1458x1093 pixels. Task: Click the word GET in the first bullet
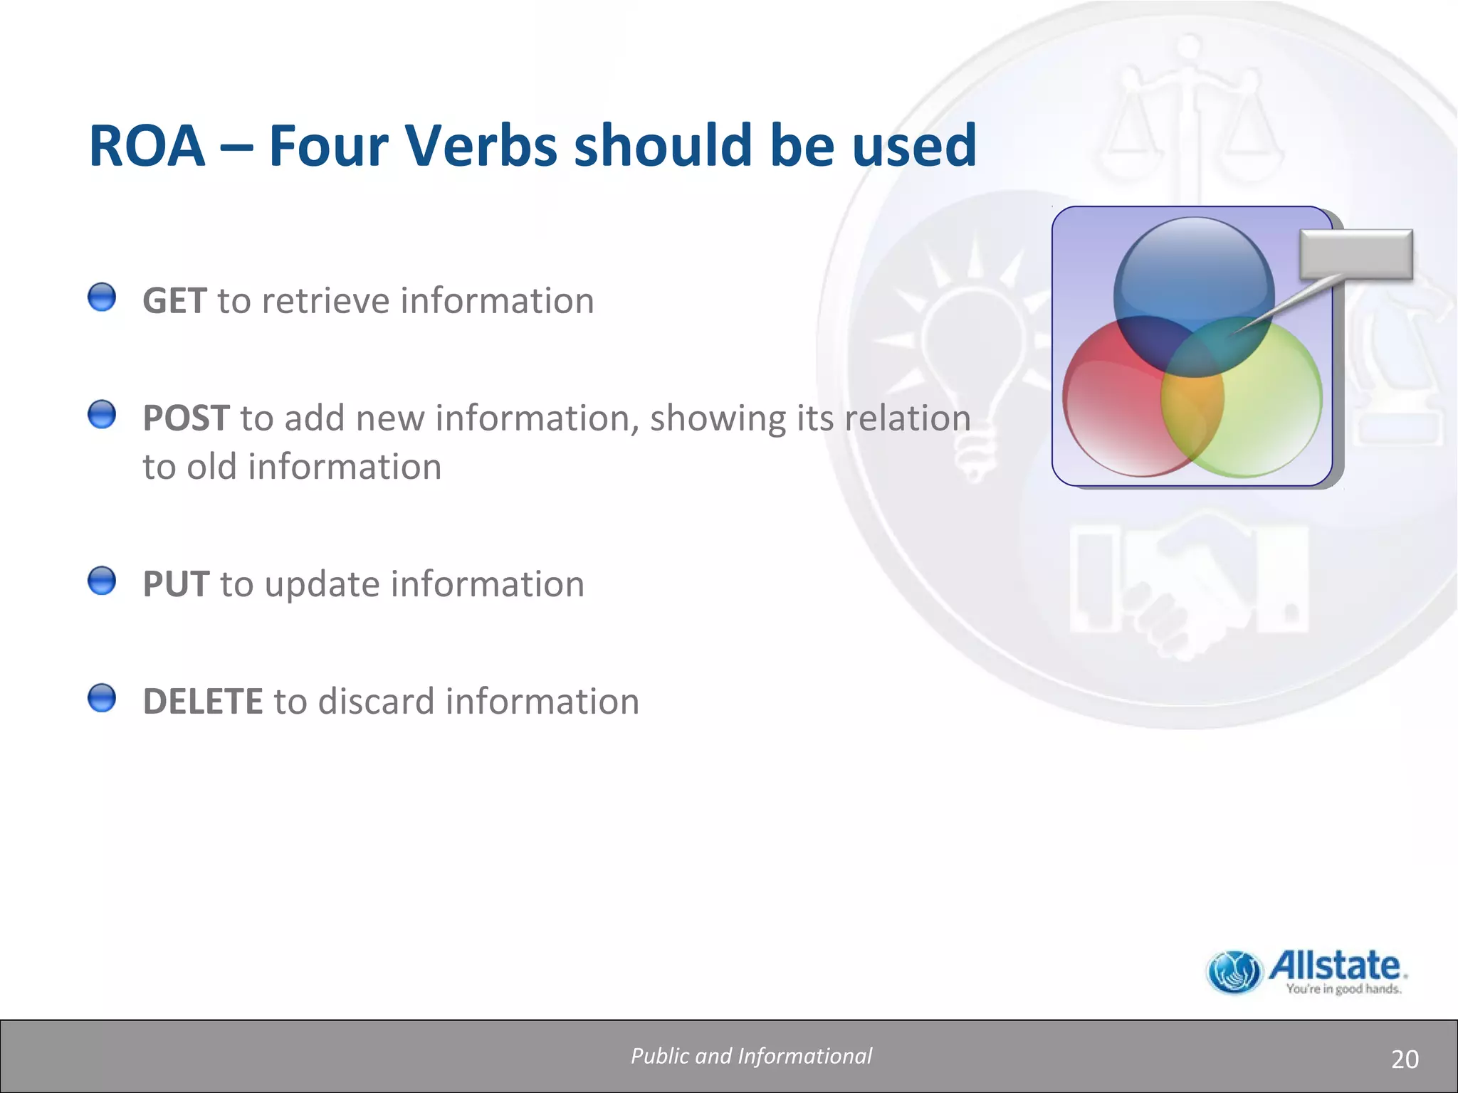pyautogui.click(x=174, y=301)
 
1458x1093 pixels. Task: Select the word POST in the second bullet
pyautogui.click(x=186, y=418)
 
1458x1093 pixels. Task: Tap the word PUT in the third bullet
pyautogui.click(x=176, y=584)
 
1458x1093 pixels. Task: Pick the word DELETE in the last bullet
pyautogui.click(x=203, y=702)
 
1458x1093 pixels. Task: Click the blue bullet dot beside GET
pyautogui.click(x=102, y=297)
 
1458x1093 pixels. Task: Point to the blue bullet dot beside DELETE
pyautogui.click(x=102, y=698)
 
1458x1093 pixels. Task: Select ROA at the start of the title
pyautogui.click(x=147, y=146)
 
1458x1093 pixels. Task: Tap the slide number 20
pyautogui.click(x=1404, y=1060)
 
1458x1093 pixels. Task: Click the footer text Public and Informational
pyautogui.click(x=751, y=1056)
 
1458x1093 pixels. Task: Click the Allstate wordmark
pyautogui.click(x=1336, y=966)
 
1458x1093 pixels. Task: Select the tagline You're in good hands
pyautogui.click(x=1343, y=989)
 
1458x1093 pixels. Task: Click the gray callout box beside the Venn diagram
pyautogui.click(x=1355, y=254)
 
